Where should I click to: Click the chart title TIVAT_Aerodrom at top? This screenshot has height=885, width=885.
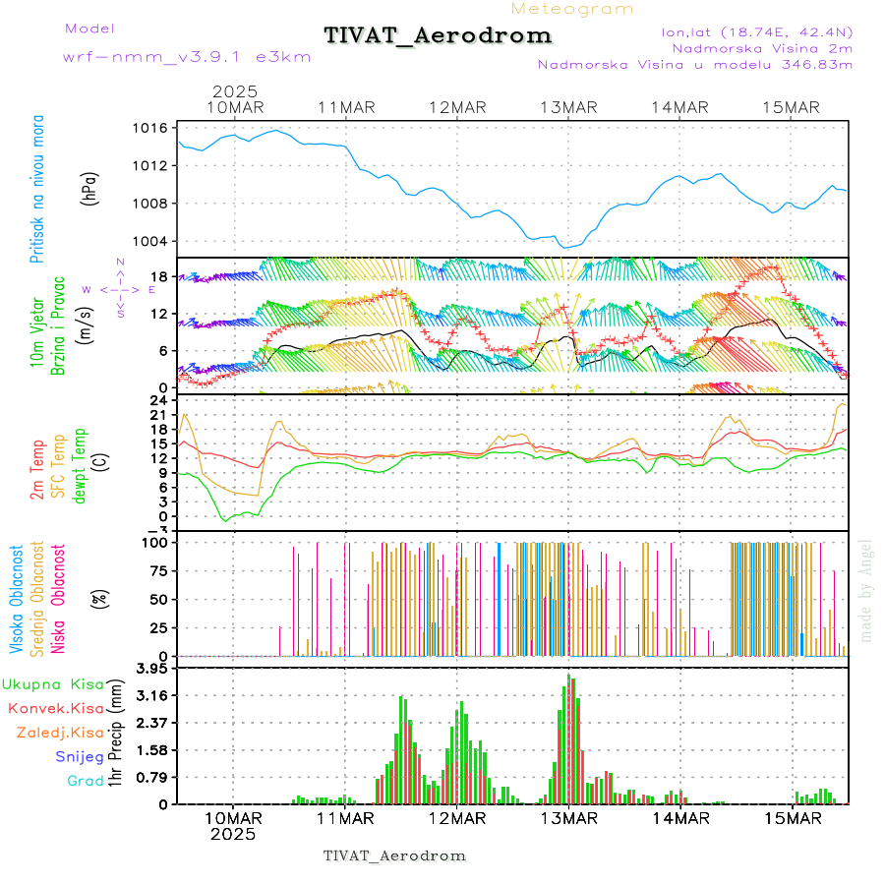pyautogui.click(x=438, y=35)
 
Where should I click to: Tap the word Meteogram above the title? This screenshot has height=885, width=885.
pyautogui.click(x=573, y=9)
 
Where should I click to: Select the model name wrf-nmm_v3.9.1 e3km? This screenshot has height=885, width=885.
pyautogui.click(x=187, y=57)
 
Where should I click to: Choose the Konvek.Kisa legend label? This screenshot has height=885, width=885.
pyautogui.click(x=56, y=708)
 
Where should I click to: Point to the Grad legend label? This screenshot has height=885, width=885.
pyautogui.click(x=86, y=782)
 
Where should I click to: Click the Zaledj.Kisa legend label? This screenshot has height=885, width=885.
pyautogui.click(x=60, y=733)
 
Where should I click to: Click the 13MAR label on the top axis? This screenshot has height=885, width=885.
pyautogui.click(x=569, y=107)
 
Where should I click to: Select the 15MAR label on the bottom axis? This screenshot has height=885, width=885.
pyautogui.click(x=793, y=818)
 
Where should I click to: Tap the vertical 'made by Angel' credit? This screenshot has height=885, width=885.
pyautogui.click(x=866, y=590)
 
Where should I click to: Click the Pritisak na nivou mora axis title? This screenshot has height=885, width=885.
pyautogui.click(x=36, y=189)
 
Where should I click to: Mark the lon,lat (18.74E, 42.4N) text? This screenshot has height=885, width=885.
pyautogui.click(x=757, y=31)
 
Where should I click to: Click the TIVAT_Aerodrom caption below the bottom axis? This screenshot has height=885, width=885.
pyautogui.click(x=394, y=855)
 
